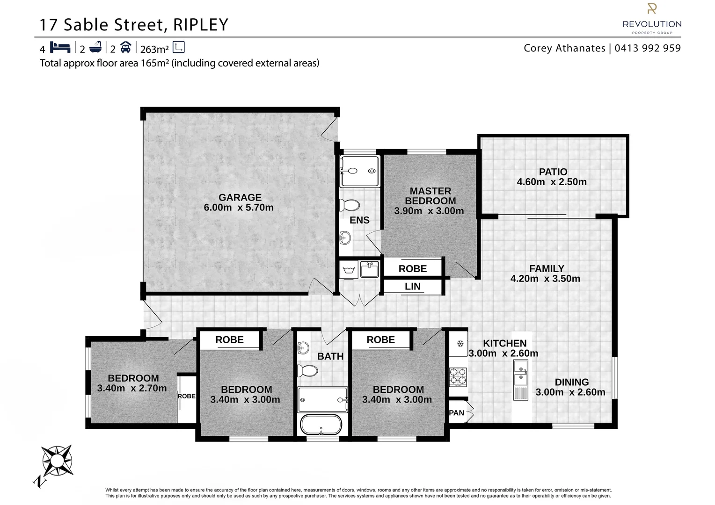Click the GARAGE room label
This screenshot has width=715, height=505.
(x=240, y=197)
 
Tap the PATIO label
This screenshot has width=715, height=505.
(x=553, y=172)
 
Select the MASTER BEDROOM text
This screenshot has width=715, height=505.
(x=430, y=196)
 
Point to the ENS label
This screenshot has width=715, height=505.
(x=359, y=220)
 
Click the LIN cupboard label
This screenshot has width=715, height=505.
(x=412, y=286)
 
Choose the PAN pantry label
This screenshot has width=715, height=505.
(x=456, y=412)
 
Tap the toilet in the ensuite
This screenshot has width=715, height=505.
(x=349, y=205)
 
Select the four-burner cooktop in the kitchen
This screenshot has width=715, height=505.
(x=458, y=377)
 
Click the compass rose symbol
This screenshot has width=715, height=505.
(x=57, y=460)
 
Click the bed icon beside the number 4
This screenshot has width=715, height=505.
(x=60, y=47)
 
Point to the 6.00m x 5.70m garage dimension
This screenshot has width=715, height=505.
(x=239, y=208)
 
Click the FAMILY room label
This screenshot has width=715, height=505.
(x=546, y=268)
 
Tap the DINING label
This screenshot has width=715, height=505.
(x=571, y=382)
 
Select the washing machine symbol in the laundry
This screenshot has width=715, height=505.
(x=348, y=270)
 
